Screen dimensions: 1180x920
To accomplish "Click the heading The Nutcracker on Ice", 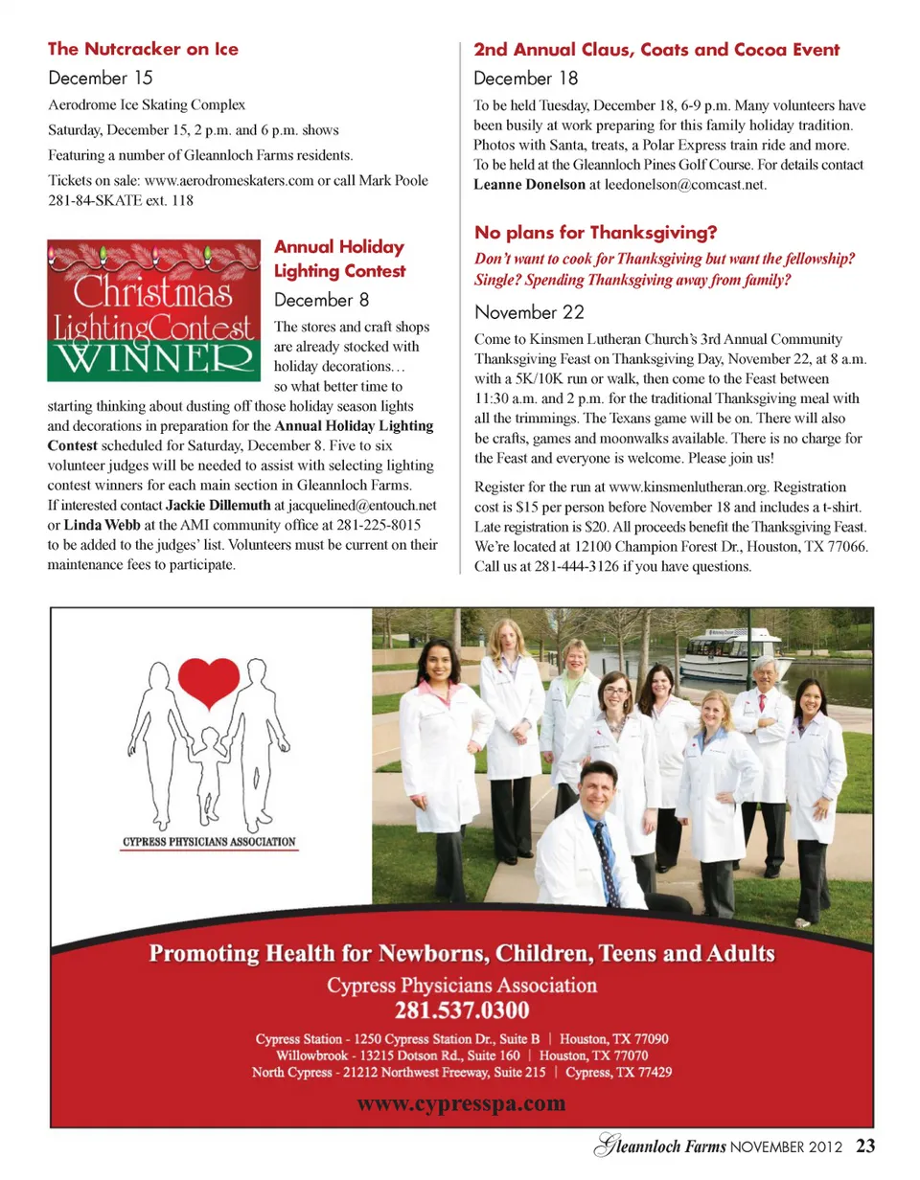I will [x=143, y=49].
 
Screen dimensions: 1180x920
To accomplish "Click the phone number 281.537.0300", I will [x=462, y=1010].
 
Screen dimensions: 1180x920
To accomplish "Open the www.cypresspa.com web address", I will [x=461, y=1103].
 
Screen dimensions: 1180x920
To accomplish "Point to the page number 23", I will [x=866, y=1146].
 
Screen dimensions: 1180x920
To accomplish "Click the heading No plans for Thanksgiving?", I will [x=596, y=233].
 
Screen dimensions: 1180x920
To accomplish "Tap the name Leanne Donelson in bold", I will [x=529, y=184].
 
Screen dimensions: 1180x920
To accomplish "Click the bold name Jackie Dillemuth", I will [x=218, y=504].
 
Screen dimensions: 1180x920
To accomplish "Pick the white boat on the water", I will [x=737, y=652].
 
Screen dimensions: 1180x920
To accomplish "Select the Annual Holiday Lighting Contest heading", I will [x=339, y=259].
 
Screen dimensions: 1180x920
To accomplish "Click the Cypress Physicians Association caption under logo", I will [x=209, y=843].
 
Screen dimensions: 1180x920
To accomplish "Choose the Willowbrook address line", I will [x=461, y=1055].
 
